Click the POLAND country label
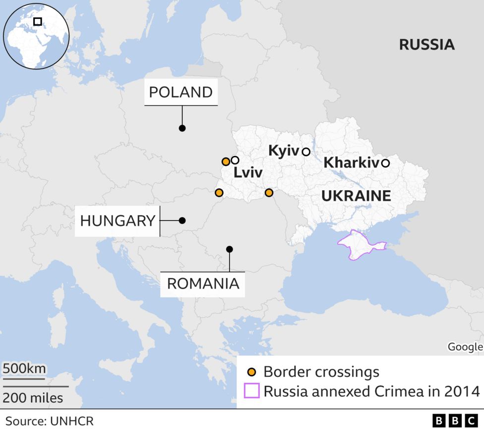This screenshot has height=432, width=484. point(181,92)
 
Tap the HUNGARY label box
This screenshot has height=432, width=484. point(118,220)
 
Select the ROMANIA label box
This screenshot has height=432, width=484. point(203,284)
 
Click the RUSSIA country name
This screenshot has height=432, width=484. point(426,45)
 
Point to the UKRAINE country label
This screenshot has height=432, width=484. point(356,196)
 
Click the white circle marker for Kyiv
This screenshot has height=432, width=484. point(306,151)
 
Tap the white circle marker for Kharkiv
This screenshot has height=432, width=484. point(385,163)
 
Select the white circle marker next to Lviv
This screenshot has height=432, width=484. point(235,160)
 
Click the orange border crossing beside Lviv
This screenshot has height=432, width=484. point(226,161)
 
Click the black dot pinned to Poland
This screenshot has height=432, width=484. point(182,128)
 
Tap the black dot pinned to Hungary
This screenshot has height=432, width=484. point(182,220)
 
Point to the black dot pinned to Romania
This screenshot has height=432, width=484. point(229,249)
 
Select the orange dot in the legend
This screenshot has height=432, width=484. point(252,372)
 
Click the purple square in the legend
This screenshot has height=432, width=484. point(252,391)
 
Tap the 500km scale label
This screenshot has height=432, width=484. point(24,369)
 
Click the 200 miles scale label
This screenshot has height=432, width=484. point(33,398)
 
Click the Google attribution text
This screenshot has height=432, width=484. point(465,347)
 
